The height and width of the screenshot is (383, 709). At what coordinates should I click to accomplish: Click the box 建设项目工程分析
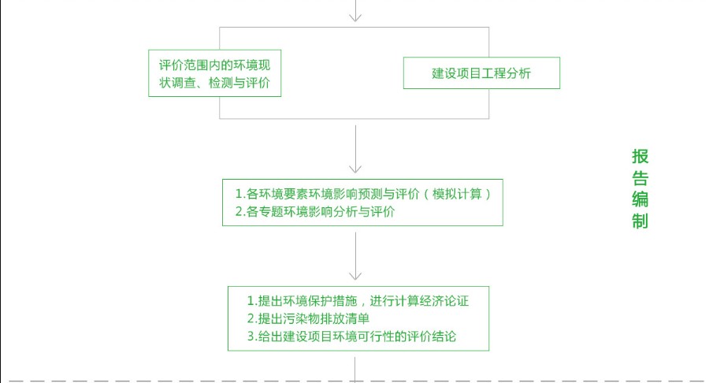pos(481,73)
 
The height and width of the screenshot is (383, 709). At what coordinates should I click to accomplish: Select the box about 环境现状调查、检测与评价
pos(215,73)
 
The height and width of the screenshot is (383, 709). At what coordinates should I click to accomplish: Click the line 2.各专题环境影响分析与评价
pos(315,212)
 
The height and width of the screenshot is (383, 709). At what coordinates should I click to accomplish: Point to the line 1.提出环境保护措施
pos(358,301)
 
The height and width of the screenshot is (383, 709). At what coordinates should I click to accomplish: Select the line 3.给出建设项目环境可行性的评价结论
pos(352,337)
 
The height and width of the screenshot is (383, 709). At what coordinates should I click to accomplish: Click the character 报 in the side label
pos(640,157)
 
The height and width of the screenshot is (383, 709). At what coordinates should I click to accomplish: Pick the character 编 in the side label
pos(640,199)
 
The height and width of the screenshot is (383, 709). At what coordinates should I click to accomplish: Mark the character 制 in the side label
pos(640,221)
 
